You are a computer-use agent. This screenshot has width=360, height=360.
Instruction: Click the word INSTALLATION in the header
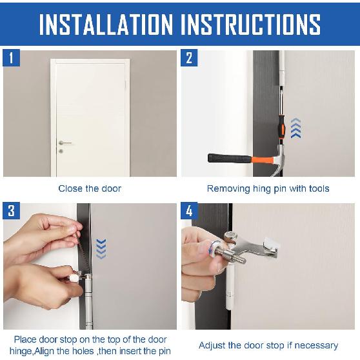pos(106,25)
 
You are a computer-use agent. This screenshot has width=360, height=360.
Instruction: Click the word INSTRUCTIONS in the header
pos(250,25)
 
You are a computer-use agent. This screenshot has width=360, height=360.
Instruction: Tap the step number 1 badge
pos(11,58)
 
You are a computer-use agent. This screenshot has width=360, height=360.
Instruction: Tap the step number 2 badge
pos(189,58)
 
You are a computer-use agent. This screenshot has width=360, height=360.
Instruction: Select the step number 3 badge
pos(11,211)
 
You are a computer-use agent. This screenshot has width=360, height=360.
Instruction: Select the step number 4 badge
pos(189,211)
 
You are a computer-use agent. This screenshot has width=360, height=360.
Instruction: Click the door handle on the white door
pos(65,143)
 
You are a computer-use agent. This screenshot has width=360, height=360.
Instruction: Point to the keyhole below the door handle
pos(61,151)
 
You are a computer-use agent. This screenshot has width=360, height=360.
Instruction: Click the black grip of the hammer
pos(230,159)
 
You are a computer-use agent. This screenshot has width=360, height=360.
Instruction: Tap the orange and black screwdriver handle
pos(282,128)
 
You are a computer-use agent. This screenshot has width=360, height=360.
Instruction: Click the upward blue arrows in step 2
pos(295,128)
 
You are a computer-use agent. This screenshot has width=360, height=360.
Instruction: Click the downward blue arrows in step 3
pos(101,249)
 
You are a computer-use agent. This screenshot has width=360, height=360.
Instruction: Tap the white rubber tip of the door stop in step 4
pos(272,245)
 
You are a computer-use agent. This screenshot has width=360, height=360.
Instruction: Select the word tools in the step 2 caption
pos(319,189)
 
